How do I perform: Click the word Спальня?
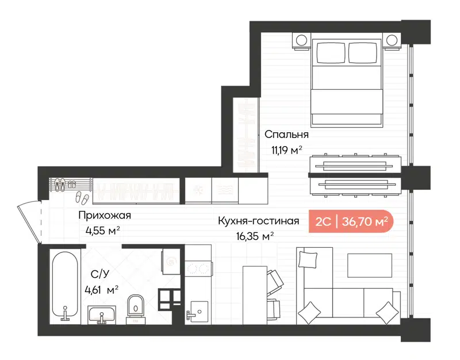pos(286,135)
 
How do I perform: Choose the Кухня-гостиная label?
pos(258,221)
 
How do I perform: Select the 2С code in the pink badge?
pos(323,221)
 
